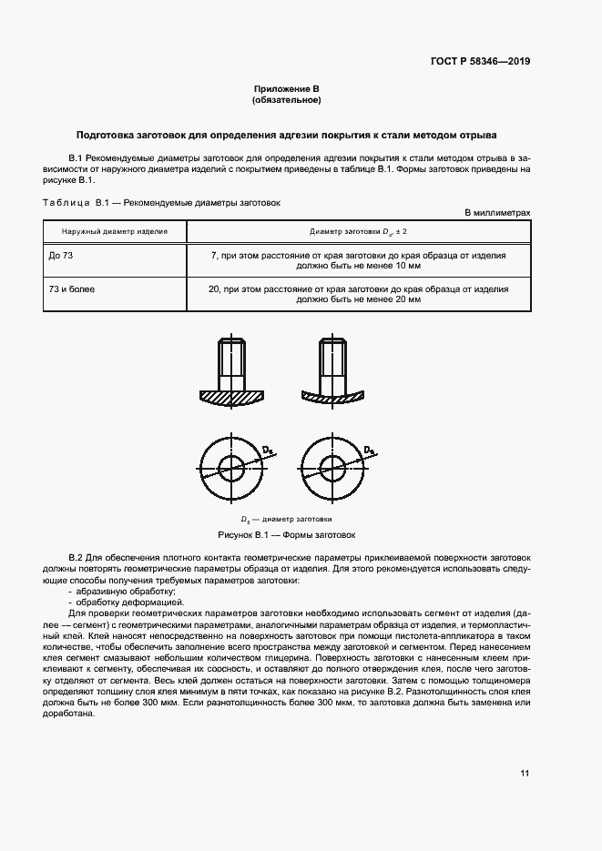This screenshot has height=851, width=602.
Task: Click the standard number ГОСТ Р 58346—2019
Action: pyautogui.click(x=480, y=62)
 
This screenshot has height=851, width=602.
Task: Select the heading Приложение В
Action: pyautogui.click(x=287, y=89)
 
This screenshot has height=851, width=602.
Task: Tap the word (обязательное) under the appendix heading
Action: pyautogui.click(x=287, y=100)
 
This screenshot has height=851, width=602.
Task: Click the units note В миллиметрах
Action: pyautogui.click(x=497, y=212)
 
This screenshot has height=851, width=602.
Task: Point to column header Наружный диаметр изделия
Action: pyautogui.click(x=115, y=232)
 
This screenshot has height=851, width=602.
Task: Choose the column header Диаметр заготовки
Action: pyautogui.click(x=358, y=232)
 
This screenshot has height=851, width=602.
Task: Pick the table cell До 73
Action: pyautogui.click(x=61, y=256)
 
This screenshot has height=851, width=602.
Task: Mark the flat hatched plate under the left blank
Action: pyautogui.click(x=230, y=397)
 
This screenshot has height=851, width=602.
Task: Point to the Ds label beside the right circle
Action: pyautogui.click(x=369, y=451)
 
